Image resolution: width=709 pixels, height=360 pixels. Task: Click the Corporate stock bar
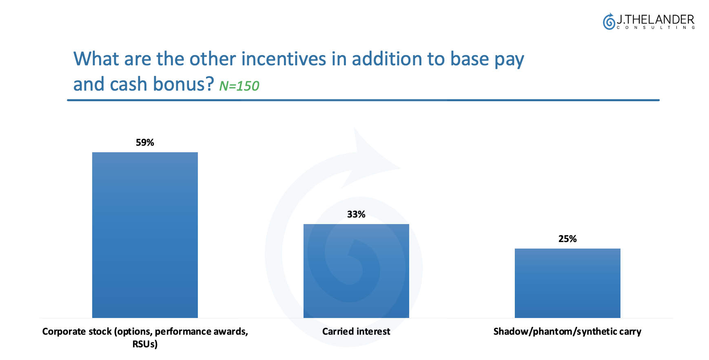click(x=145, y=235)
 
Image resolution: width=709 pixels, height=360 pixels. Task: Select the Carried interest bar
click(x=356, y=271)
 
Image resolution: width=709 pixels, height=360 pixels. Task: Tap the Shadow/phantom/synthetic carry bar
click(x=567, y=283)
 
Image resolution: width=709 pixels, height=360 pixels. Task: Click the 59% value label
click(x=145, y=142)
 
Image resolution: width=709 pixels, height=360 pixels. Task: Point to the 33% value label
click(x=356, y=214)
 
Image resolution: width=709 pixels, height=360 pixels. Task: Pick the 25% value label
click(x=567, y=239)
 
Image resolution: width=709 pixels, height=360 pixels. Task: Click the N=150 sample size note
click(x=239, y=86)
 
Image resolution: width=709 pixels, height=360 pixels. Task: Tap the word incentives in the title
click(x=284, y=59)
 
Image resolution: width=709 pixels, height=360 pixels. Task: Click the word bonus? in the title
click(x=183, y=84)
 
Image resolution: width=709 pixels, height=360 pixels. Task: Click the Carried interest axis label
click(x=356, y=331)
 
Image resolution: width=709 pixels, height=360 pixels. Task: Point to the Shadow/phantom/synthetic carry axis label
click(x=567, y=331)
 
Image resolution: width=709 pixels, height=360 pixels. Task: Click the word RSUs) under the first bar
click(x=145, y=344)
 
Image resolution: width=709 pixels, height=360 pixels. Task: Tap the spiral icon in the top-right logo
click(x=609, y=21)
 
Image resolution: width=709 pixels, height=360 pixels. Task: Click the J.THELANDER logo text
click(x=655, y=19)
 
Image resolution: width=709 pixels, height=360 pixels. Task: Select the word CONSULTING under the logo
click(x=656, y=28)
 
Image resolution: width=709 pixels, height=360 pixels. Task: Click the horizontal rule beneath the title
click(x=363, y=100)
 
